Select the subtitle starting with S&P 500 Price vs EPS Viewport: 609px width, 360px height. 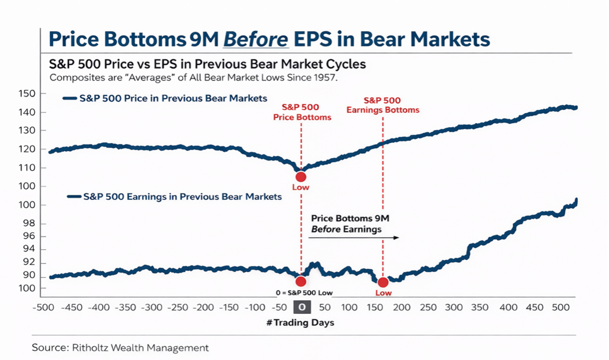pyautogui.click(x=207, y=65)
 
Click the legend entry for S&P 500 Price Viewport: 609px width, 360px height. pyautogui.click(x=173, y=98)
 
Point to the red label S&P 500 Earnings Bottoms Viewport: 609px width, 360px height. pyautogui.click(x=383, y=105)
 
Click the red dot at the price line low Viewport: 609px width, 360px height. pyautogui.click(x=301, y=177)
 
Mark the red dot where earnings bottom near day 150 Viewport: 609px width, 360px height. pyautogui.click(x=383, y=282)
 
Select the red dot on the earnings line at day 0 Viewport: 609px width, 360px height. pyautogui.click(x=301, y=281)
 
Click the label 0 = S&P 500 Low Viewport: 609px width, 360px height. pyautogui.click(x=301, y=293)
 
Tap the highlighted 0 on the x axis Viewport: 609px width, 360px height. pyautogui.click(x=301, y=308)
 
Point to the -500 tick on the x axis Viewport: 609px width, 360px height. pyautogui.click(x=43, y=308)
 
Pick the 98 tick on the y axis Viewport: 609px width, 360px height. pyautogui.click(x=30, y=224)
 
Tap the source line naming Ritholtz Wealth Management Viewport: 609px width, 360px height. pyautogui.click(x=120, y=347)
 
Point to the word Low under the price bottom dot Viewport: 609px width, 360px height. pyautogui.click(x=301, y=187)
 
